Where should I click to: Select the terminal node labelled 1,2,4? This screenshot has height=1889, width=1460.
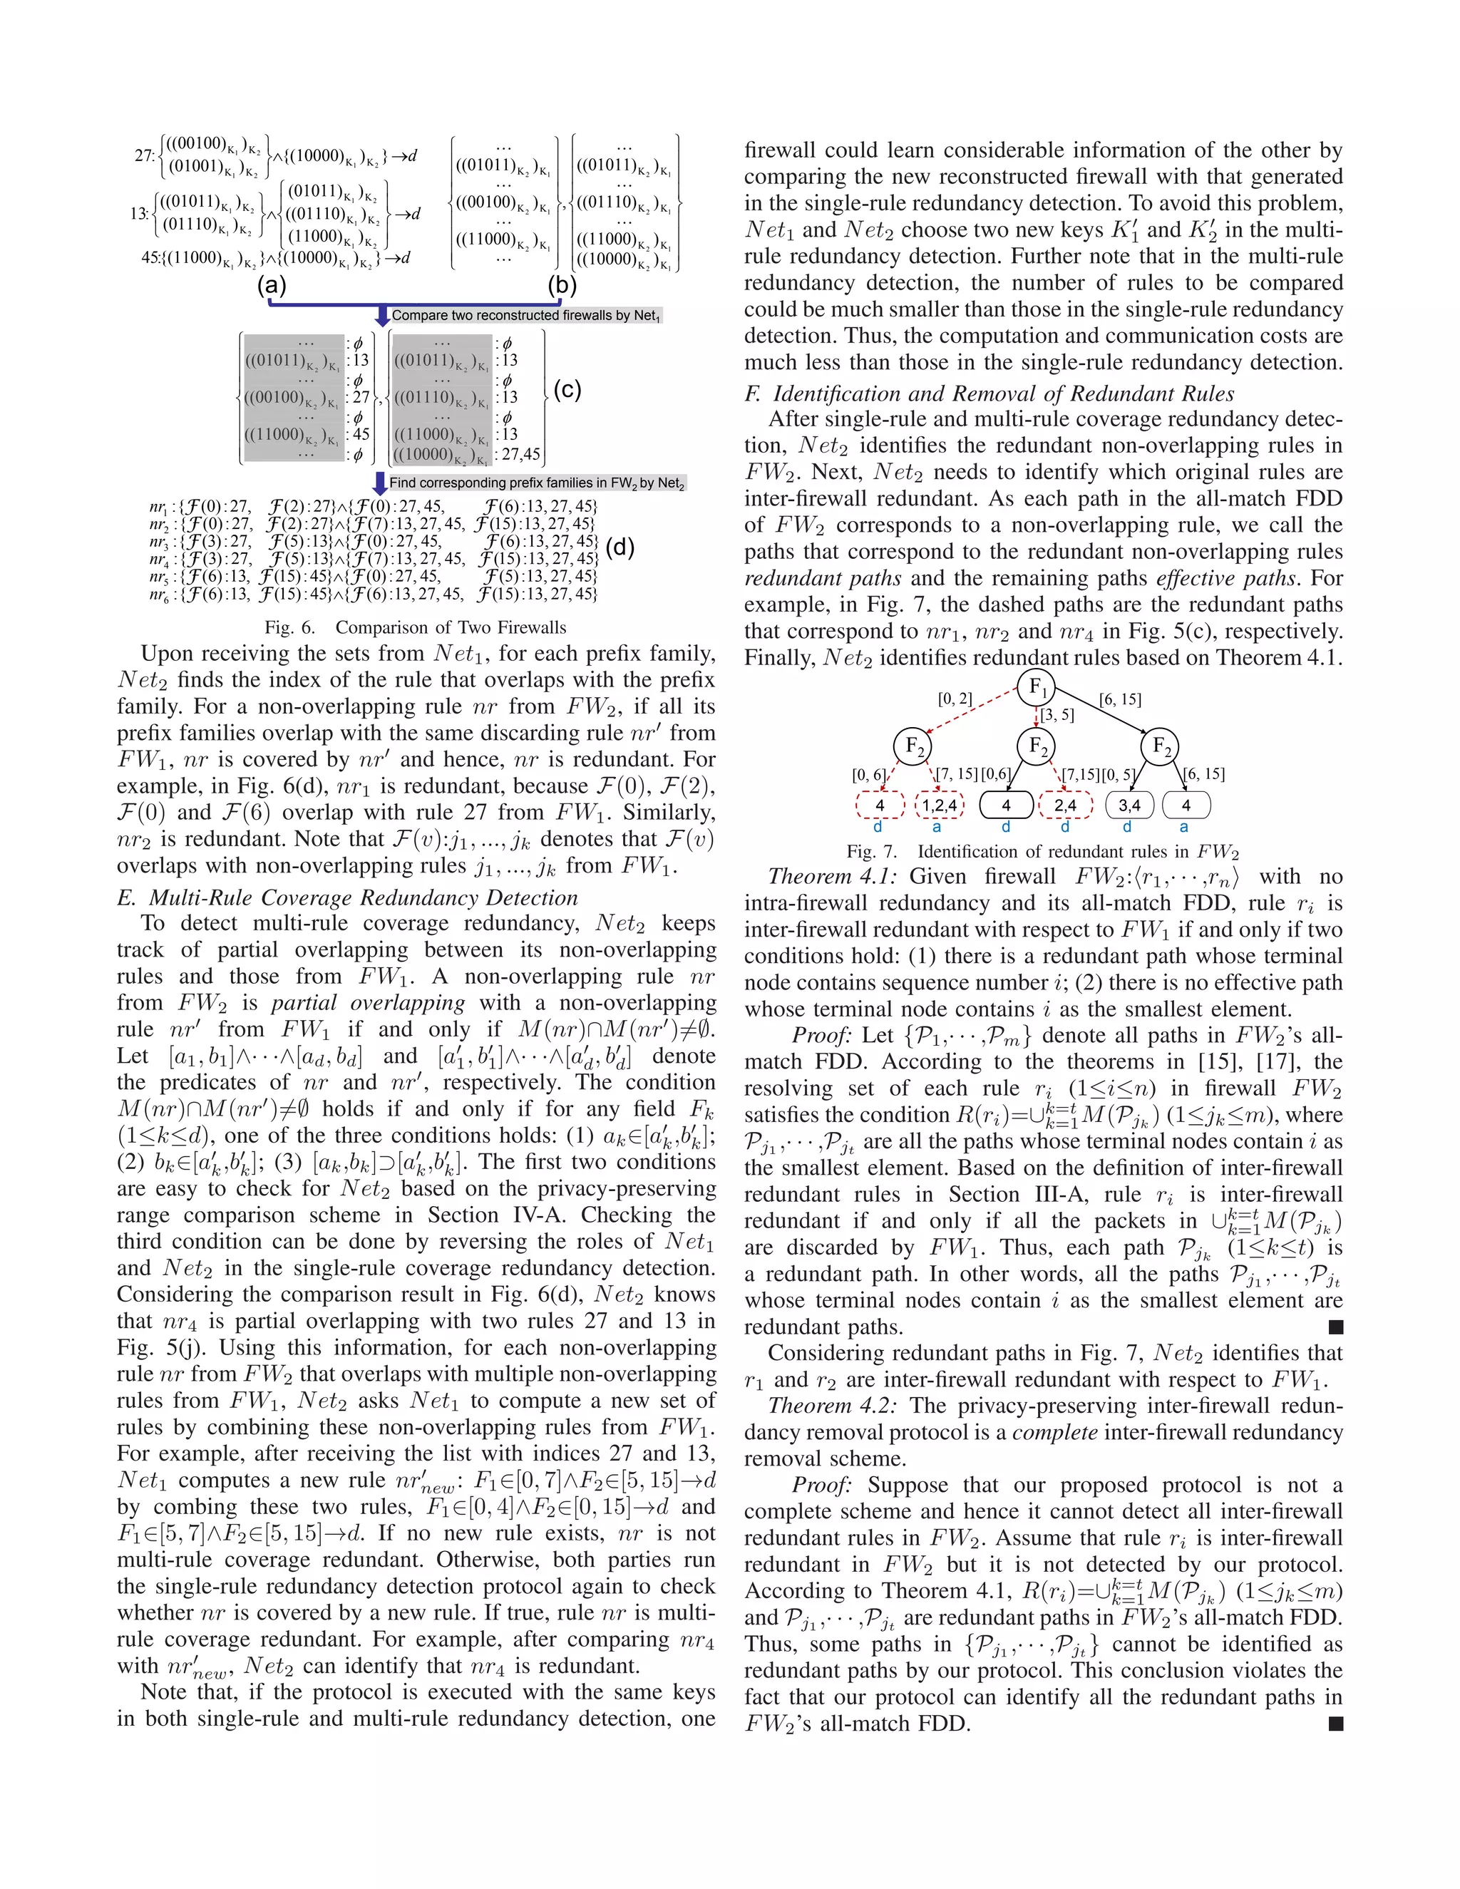tap(938, 805)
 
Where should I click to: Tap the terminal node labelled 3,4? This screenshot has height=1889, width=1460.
tap(1130, 805)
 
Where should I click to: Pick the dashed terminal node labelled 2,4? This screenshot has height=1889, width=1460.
tap(1065, 805)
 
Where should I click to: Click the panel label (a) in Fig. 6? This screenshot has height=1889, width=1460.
tap(272, 284)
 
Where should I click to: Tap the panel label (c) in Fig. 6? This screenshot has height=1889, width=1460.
tap(567, 390)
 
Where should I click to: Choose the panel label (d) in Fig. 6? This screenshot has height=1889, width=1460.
tap(620, 547)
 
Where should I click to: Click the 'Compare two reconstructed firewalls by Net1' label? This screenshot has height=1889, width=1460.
tap(526, 316)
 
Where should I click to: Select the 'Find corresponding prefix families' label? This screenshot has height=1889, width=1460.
tap(536, 483)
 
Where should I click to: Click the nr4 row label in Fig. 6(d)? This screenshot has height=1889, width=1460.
tap(158, 560)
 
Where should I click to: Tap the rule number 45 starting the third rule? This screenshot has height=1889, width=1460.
tap(150, 258)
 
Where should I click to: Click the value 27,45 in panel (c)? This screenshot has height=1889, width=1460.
tap(520, 454)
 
